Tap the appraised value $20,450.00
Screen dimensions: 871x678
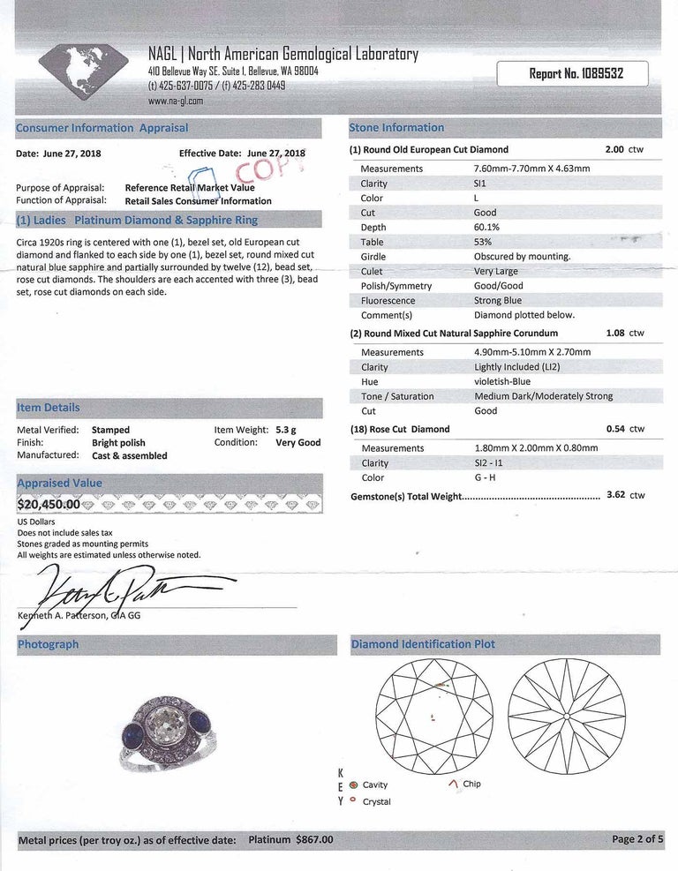pos(49,505)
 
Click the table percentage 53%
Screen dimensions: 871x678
pos(485,242)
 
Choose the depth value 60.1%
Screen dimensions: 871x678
pos(488,228)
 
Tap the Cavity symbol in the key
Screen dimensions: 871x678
pos(354,785)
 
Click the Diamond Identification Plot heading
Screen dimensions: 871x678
pos(423,645)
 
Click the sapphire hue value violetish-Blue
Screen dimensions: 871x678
pos(501,382)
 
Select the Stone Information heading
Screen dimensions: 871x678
pos(397,128)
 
